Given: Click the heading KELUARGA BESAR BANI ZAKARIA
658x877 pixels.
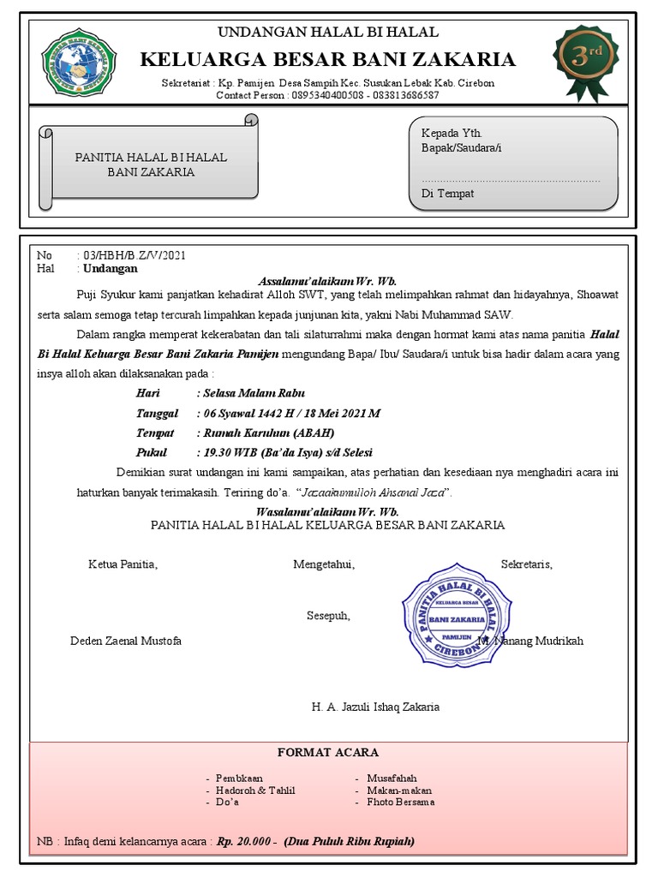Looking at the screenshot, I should point(327,59).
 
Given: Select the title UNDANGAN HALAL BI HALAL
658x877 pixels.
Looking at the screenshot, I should point(327,33).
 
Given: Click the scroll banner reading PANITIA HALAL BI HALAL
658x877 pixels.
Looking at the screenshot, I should point(151,164).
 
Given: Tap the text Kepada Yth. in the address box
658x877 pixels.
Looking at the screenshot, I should point(452,134).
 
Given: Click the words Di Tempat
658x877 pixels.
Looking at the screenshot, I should point(447,194).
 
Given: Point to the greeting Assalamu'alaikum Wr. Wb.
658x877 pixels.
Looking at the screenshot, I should point(327,281).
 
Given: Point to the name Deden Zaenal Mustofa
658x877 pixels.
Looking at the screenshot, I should point(125,641).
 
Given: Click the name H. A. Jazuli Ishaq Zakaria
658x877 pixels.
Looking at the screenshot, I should point(375,707).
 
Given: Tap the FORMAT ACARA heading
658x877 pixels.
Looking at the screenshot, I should point(327,752).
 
